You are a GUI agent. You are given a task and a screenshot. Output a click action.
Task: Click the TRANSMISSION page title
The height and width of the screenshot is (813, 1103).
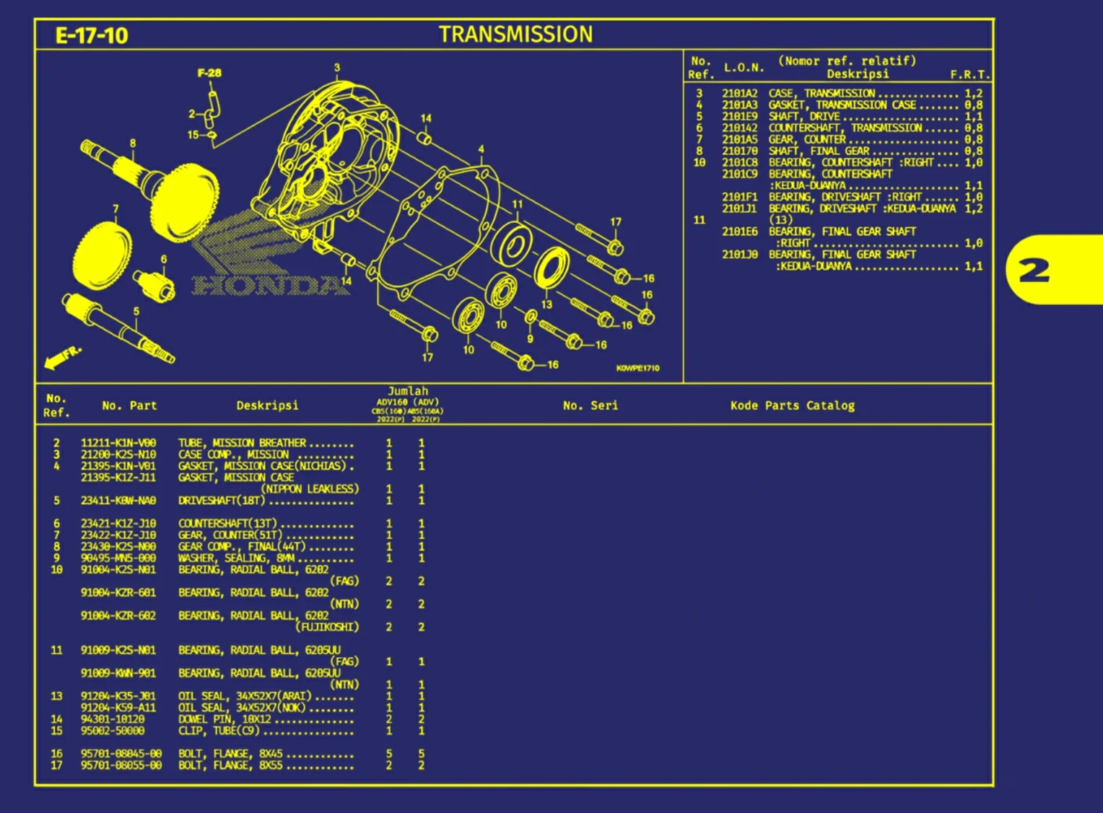tap(515, 35)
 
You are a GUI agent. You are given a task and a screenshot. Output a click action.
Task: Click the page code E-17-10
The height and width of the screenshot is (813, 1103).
tap(92, 36)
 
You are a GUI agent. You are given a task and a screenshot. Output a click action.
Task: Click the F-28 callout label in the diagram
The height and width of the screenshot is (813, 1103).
tap(209, 73)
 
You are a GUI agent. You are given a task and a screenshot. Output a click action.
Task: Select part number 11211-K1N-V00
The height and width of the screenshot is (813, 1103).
tap(118, 443)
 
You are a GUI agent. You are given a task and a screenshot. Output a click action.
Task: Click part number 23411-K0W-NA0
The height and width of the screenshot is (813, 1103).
tap(118, 501)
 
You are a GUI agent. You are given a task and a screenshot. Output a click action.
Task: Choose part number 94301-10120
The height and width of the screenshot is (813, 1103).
tap(113, 719)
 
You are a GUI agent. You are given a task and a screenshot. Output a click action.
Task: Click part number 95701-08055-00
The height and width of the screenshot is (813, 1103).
tap(121, 765)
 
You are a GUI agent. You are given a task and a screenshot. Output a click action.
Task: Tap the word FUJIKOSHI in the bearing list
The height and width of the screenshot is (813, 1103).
tap(328, 627)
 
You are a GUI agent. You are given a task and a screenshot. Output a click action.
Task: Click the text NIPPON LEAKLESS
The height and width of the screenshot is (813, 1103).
tap(310, 489)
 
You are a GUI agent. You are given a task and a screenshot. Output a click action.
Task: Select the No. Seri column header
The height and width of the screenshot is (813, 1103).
tap(590, 405)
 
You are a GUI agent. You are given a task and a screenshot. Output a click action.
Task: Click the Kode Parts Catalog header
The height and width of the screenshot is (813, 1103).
tap(792, 405)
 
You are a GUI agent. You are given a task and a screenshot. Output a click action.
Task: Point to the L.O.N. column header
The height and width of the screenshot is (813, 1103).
tap(744, 68)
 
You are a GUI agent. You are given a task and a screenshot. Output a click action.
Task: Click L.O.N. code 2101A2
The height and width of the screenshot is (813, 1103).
tap(740, 94)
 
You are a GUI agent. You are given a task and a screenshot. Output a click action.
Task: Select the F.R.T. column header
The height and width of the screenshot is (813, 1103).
tap(969, 74)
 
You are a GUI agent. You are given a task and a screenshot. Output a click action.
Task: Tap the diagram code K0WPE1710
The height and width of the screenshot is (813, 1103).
tap(637, 369)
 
